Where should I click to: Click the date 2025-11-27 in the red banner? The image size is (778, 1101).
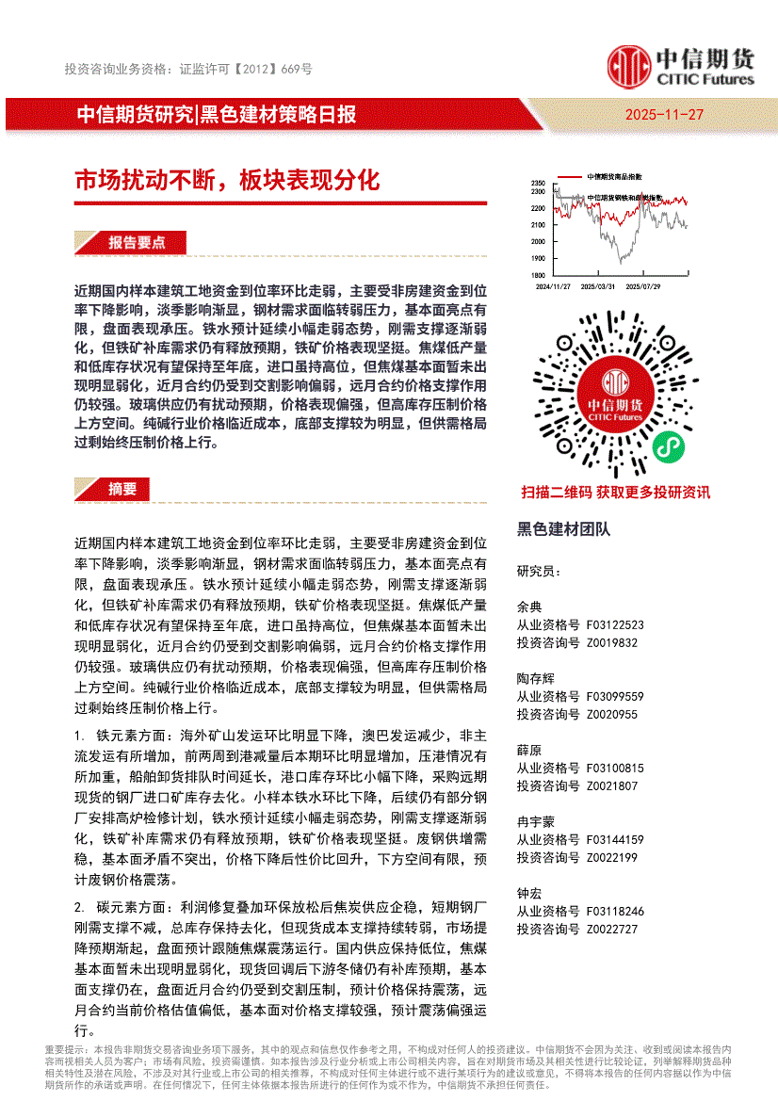coord(664,115)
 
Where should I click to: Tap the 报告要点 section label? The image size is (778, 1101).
coord(137,243)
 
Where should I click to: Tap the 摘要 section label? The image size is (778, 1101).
coord(122,489)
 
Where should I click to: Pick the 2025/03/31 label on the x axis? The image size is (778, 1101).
coord(598,285)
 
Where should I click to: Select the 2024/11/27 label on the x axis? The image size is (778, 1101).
coord(553,285)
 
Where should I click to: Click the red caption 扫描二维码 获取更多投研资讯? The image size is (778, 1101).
coord(615,492)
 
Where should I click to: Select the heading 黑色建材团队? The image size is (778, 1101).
coord(563,529)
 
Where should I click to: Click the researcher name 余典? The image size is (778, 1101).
coord(529,607)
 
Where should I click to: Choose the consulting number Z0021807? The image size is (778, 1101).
coord(612,785)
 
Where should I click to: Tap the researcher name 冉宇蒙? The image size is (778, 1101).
coord(536,821)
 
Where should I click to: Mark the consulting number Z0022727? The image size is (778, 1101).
coord(612,929)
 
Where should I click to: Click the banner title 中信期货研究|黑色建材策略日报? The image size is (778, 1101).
coord(216,115)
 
